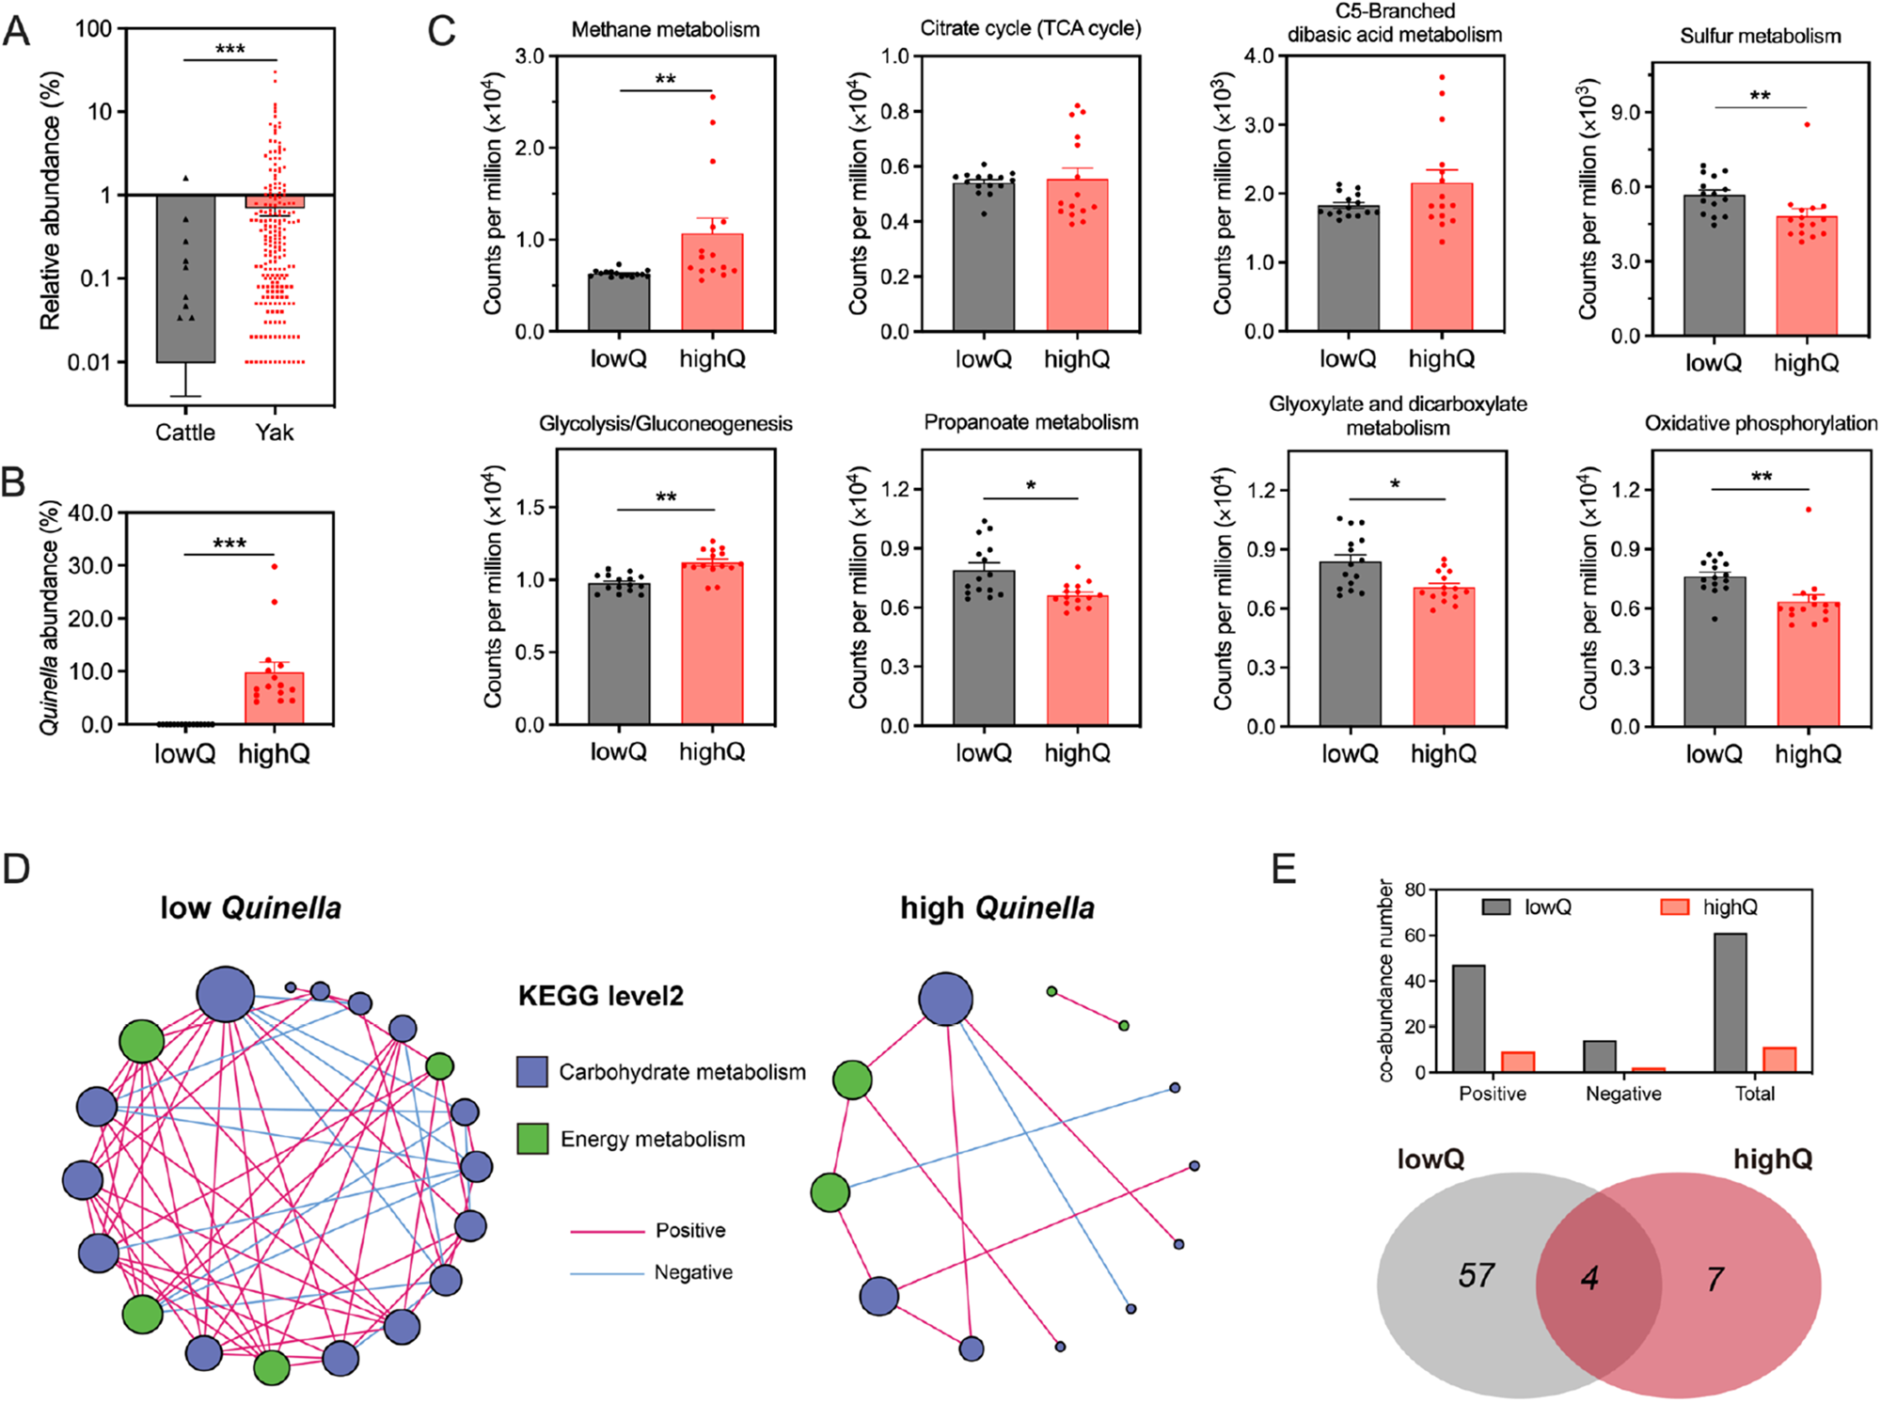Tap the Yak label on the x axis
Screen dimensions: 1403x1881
tap(274, 433)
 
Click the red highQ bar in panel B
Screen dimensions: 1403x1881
tap(274, 698)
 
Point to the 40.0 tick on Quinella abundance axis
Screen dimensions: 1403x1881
tap(91, 513)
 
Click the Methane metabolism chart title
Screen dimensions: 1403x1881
tap(665, 30)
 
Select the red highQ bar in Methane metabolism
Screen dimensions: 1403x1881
tap(712, 282)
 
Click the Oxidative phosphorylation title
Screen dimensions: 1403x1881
tap(1761, 424)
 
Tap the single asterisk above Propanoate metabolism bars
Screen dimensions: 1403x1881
tap(1031, 486)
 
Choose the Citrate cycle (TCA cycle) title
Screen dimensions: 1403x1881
tap(1030, 28)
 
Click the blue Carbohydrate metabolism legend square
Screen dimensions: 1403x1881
tap(532, 1072)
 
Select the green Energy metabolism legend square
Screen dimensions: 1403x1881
tap(532, 1139)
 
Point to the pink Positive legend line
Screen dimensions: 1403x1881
tap(607, 1231)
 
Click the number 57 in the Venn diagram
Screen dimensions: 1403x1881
tap(1476, 1276)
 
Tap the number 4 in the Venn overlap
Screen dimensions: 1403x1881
tap(1589, 1279)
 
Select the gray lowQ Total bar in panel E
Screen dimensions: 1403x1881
tap(1731, 1002)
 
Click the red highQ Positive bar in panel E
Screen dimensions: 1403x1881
tap(1518, 1062)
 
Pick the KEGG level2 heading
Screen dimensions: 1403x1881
tap(600, 996)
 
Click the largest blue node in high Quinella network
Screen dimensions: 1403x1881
tap(945, 999)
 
